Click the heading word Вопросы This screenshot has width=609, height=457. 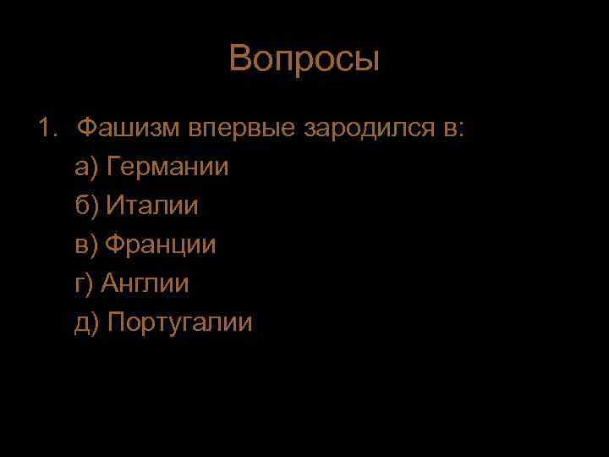coord(304,60)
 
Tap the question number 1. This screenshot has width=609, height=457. coord(46,128)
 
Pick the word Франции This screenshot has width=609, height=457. coord(162,245)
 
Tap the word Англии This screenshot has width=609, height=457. coord(145,284)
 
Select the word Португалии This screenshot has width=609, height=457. coord(180,323)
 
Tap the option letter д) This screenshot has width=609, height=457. coord(88,323)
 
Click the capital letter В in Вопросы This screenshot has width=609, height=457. coord(239,60)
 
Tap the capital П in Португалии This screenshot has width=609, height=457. coord(117,322)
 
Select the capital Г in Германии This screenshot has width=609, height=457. coord(113,167)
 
